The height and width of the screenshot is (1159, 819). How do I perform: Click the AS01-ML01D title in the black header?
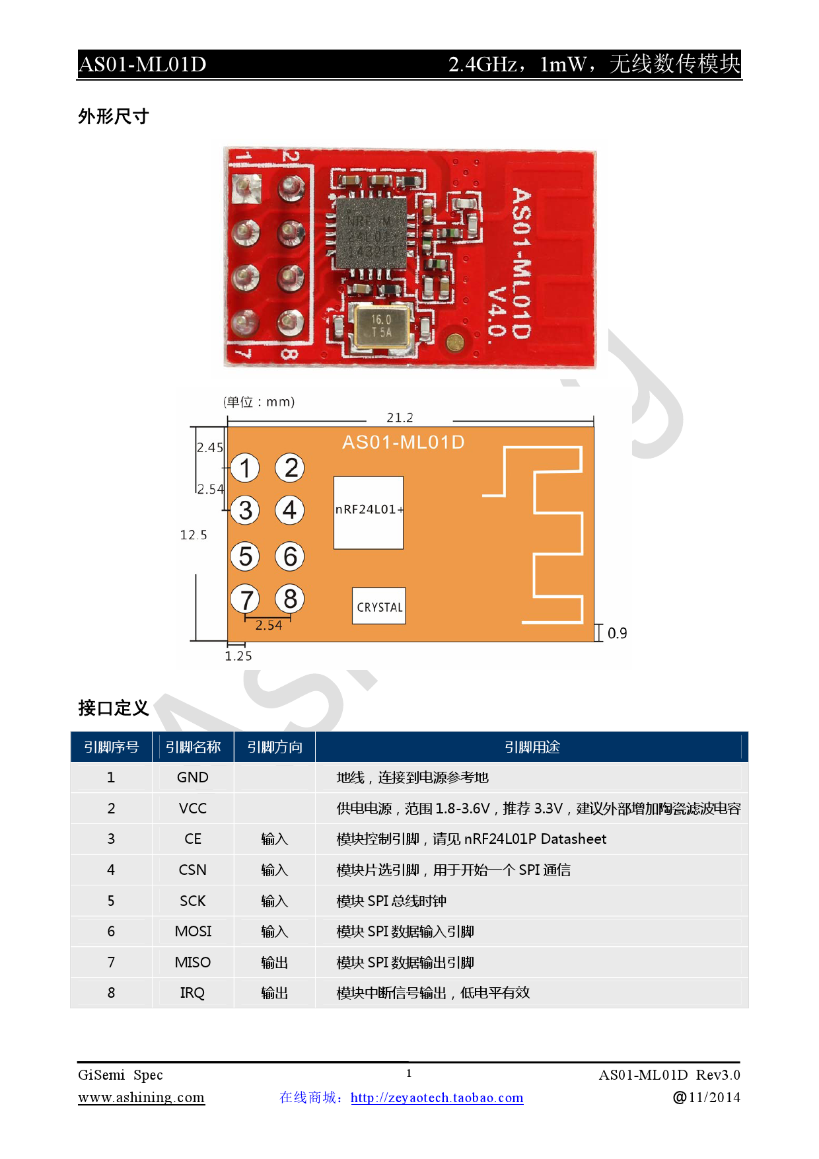143,64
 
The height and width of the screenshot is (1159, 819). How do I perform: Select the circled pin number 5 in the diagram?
246,556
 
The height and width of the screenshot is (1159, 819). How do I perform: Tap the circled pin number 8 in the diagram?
290,599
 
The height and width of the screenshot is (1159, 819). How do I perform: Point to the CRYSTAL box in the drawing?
379,606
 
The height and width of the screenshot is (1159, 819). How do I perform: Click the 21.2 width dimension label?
400,418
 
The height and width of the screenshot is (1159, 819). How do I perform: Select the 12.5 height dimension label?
194,535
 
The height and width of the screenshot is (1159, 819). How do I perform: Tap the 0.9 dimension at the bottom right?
617,633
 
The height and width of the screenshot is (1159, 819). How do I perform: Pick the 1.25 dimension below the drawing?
238,655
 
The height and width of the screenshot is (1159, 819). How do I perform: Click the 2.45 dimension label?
210,447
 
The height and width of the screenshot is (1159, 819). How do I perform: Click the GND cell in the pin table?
192,777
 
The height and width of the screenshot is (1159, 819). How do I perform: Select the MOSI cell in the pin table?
193,931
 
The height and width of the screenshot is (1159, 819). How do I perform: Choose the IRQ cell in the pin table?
192,992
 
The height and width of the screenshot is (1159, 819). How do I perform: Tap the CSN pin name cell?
192,870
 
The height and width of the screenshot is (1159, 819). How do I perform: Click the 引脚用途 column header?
532,747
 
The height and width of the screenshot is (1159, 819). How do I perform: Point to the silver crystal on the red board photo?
382,326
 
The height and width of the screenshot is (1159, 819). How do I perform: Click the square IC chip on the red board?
371,233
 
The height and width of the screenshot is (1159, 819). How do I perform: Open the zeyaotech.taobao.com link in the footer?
437,1098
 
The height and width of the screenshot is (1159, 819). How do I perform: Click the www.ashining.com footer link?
141,1098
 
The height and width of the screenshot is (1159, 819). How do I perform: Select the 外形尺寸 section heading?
114,116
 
